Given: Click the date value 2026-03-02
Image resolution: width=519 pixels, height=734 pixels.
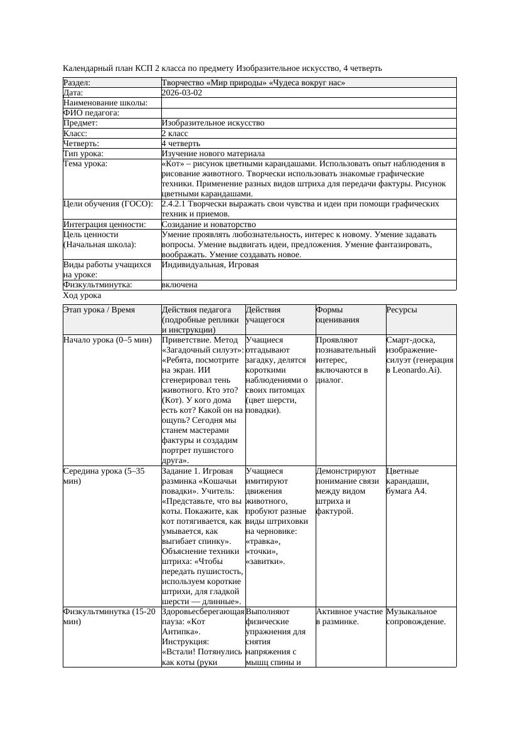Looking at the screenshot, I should pos(182,92).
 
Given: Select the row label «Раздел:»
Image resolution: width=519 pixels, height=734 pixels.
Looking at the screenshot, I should pos(77,82).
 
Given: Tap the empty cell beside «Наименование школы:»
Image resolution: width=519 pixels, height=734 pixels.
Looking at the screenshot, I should pos(308,102).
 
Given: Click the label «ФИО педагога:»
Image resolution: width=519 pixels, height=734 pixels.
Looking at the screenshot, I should pos(92,113).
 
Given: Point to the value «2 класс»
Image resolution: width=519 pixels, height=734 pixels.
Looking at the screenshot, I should pos(175,133).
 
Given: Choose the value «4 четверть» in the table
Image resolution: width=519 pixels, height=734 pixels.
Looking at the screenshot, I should pos(181,143).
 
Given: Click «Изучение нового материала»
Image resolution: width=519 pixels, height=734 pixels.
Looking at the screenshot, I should pos(213,153).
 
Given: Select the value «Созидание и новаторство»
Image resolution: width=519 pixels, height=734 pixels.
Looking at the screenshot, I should pos(208,224).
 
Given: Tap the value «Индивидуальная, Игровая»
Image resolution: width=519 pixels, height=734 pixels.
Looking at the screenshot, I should pos(210,265).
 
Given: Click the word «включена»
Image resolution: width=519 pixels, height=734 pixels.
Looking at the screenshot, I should pos(179,285).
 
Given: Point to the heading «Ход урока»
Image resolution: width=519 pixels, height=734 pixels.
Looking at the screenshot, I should pos(82,295).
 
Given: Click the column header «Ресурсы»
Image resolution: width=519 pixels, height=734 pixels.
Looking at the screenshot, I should pos(402,310).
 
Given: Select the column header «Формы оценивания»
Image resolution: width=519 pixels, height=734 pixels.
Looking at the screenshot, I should pos(337,314).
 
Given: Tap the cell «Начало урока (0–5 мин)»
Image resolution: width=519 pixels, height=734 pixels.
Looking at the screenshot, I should pos(107,340).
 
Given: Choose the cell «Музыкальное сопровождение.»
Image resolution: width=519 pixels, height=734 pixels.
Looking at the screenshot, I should pos(416,617).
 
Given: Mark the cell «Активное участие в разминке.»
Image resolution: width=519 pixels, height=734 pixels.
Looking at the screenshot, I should pos(350,617).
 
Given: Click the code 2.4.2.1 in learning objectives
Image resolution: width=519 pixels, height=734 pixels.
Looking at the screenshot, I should pos(177,204).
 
